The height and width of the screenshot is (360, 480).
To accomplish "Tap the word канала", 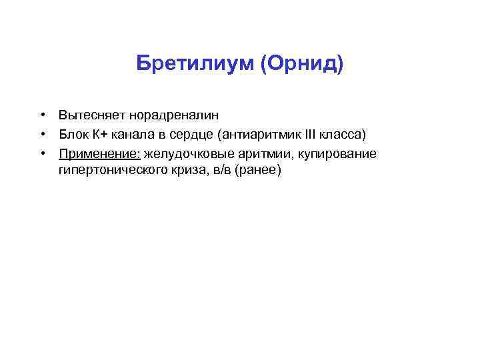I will click(132, 135).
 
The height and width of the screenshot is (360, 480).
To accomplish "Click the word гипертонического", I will click(110, 171).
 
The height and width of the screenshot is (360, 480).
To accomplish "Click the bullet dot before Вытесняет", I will click(42, 115).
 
